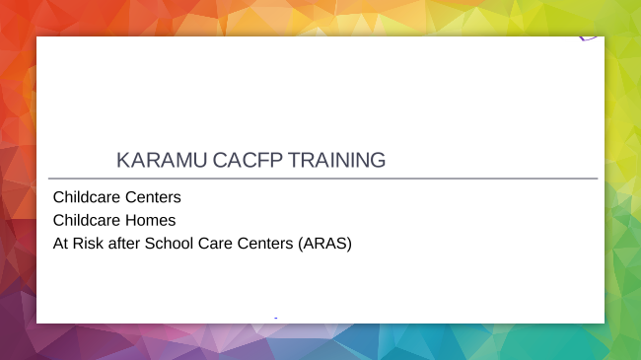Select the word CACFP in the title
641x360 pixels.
pos(236,160)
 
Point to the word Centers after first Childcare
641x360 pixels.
pos(153,197)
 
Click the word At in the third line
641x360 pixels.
pos(60,242)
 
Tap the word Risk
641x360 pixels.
pos(89,242)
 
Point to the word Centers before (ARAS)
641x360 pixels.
pos(267,242)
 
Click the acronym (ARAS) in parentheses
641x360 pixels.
pos(324,242)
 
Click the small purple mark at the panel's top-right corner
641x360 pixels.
pos(589,38)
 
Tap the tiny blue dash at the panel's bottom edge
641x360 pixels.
pos(275,318)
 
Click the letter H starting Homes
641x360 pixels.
pos(130,219)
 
